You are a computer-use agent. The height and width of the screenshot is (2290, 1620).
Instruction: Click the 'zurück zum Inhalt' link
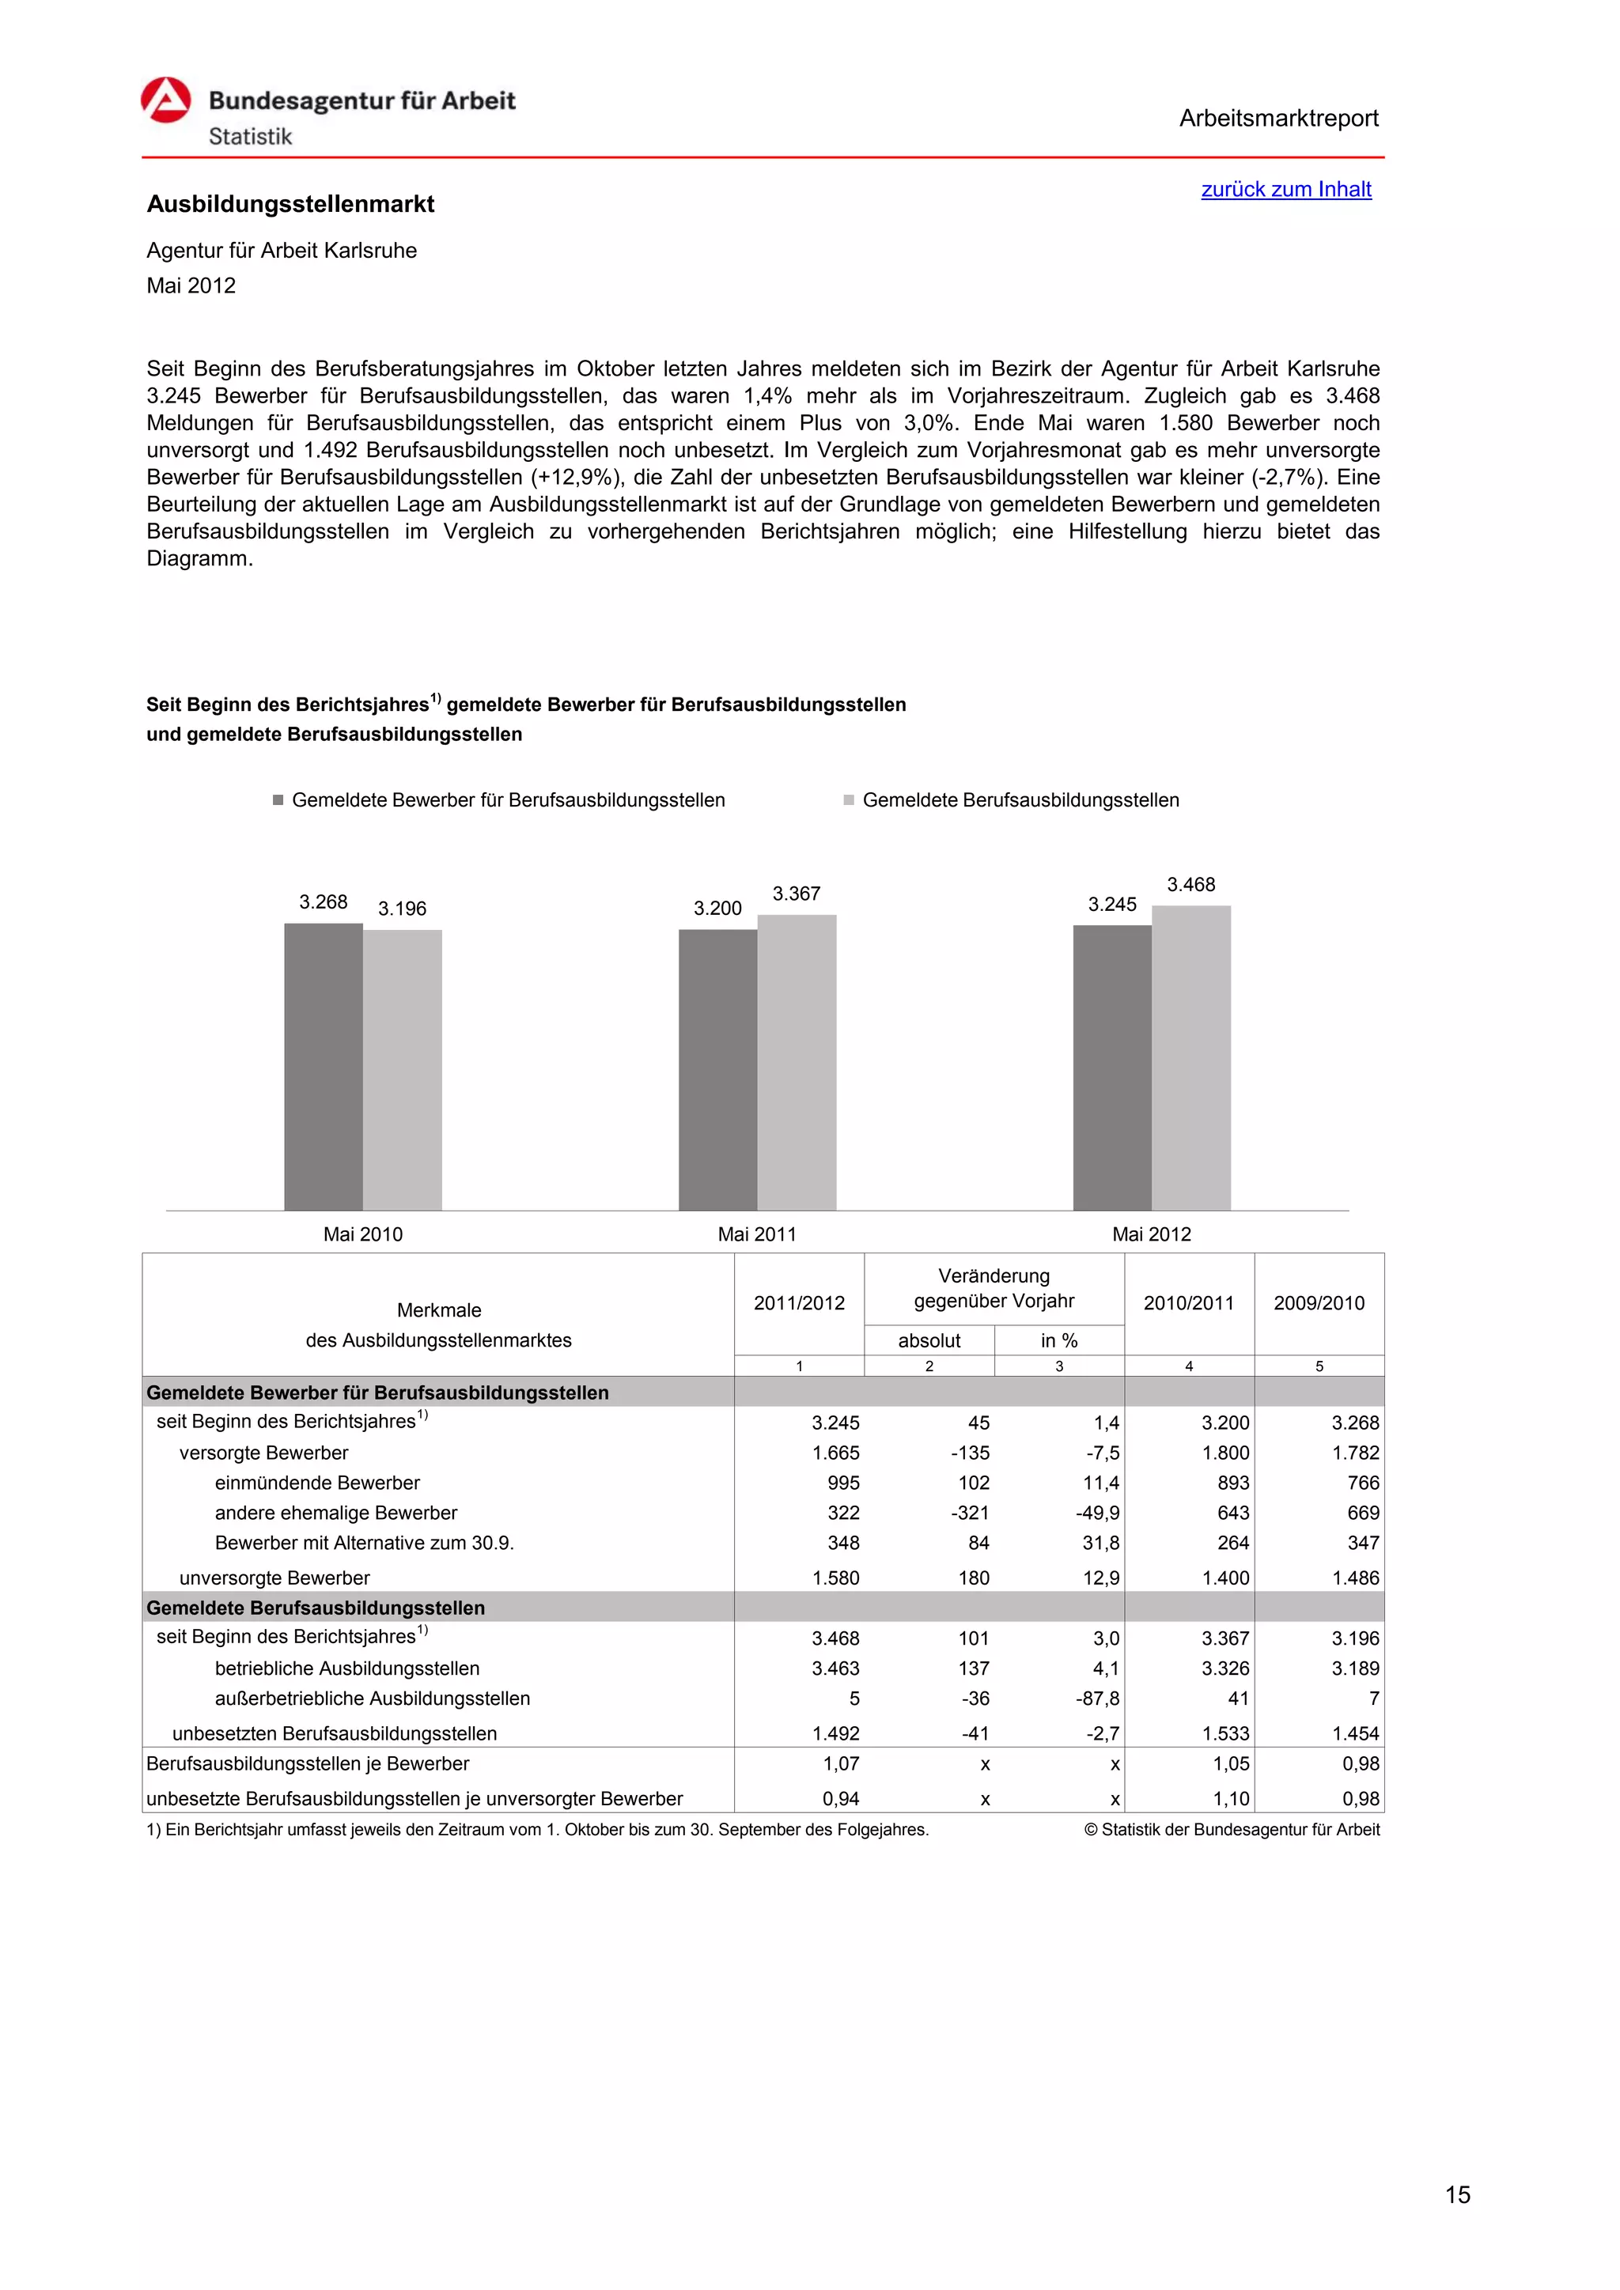click(x=1286, y=190)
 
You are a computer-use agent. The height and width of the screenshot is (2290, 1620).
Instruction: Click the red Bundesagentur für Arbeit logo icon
click(x=165, y=100)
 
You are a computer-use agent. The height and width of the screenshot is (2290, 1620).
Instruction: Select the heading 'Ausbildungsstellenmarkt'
click(x=290, y=205)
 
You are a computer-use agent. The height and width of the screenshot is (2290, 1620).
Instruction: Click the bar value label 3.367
click(x=796, y=894)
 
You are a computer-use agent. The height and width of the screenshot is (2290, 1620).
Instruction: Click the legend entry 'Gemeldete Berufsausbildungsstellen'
click(x=1020, y=800)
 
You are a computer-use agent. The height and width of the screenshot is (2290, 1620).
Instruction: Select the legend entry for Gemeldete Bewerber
click(x=507, y=800)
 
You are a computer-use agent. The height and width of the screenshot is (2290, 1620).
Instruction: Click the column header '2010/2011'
click(x=1188, y=1302)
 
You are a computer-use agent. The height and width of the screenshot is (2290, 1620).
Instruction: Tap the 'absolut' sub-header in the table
click(x=929, y=1340)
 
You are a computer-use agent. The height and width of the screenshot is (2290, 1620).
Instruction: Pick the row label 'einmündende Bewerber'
click(x=317, y=1483)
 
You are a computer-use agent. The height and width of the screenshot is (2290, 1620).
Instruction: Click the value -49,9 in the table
click(x=1097, y=1513)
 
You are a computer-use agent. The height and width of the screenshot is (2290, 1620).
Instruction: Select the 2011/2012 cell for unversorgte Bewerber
click(x=836, y=1578)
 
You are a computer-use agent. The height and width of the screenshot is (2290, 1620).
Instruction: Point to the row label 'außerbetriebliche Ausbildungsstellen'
click(x=372, y=1699)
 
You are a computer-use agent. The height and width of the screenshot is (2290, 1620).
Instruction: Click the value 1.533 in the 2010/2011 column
click(x=1225, y=1733)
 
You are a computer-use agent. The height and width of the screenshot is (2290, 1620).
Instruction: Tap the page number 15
click(x=1457, y=2194)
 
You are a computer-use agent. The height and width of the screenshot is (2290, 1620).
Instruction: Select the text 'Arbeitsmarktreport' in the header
click(x=1277, y=119)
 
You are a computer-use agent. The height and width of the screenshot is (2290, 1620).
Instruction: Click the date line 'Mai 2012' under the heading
click(x=191, y=286)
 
